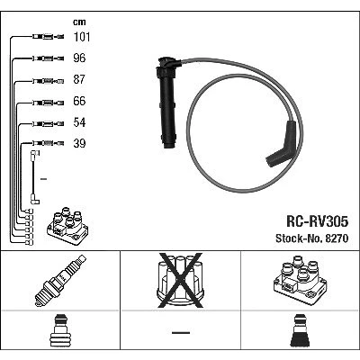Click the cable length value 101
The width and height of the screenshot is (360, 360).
(x=82, y=37)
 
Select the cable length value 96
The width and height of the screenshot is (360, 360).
(x=79, y=58)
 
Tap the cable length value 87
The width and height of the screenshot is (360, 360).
(x=79, y=79)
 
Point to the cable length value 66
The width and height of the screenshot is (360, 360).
(x=79, y=101)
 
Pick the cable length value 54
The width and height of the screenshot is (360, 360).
(x=79, y=122)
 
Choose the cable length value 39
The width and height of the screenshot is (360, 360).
(x=79, y=143)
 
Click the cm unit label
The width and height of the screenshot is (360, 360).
(x=79, y=22)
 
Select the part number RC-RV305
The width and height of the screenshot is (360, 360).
(x=318, y=222)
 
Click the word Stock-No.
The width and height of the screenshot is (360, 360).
(x=298, y=238)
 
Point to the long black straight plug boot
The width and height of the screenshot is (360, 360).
(x=167, y=102)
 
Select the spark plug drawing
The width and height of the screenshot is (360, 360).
(x=60, y=281)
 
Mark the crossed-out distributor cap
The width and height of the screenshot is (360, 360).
(x=180, y=281)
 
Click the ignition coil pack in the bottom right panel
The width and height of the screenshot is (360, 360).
(x=300, y=281)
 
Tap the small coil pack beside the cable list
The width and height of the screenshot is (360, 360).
(x=67, y=226)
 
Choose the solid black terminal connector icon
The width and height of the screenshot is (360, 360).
(x=301, y=330)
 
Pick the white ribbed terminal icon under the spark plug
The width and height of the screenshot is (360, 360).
(x=60, y=330)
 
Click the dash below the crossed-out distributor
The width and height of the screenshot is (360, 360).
(x=181, y=332)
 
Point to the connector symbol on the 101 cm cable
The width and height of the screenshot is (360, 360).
(x=48, y=37)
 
